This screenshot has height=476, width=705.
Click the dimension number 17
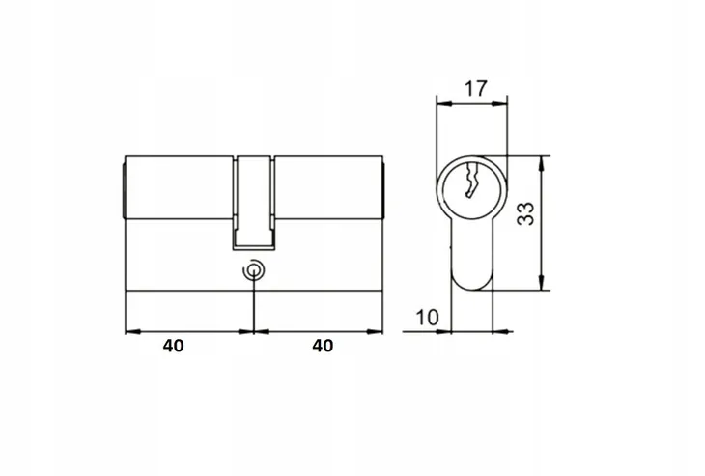[475, 89]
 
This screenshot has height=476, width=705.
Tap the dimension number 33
[525, 214]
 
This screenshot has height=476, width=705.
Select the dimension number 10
[427, 318]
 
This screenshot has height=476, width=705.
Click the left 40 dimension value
[173, 346]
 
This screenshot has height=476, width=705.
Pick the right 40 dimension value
[323, 346]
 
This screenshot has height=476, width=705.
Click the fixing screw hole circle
[254, 270]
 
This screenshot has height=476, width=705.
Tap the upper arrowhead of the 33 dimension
[543, 163]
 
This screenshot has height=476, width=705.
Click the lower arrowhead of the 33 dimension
[543, 283]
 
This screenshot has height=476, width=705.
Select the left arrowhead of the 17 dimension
[444, 104]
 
